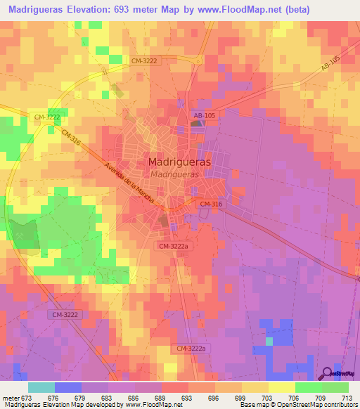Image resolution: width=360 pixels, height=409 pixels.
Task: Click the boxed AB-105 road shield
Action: pyautogui.click(x=205, y=114)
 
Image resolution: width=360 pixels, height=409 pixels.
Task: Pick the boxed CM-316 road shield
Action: pyautogui.click(x=211, y=204)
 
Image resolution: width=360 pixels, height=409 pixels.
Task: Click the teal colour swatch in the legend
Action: pyautogui.click(x=41, y=387)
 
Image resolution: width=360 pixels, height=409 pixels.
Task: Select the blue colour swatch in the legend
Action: pyautogui.click(x=68, y=387)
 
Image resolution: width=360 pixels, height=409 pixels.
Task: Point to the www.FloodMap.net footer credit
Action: pyautogui.click(x=147, y=405)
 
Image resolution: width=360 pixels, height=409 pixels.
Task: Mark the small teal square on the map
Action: pyautogui.click(x=269, y=341)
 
